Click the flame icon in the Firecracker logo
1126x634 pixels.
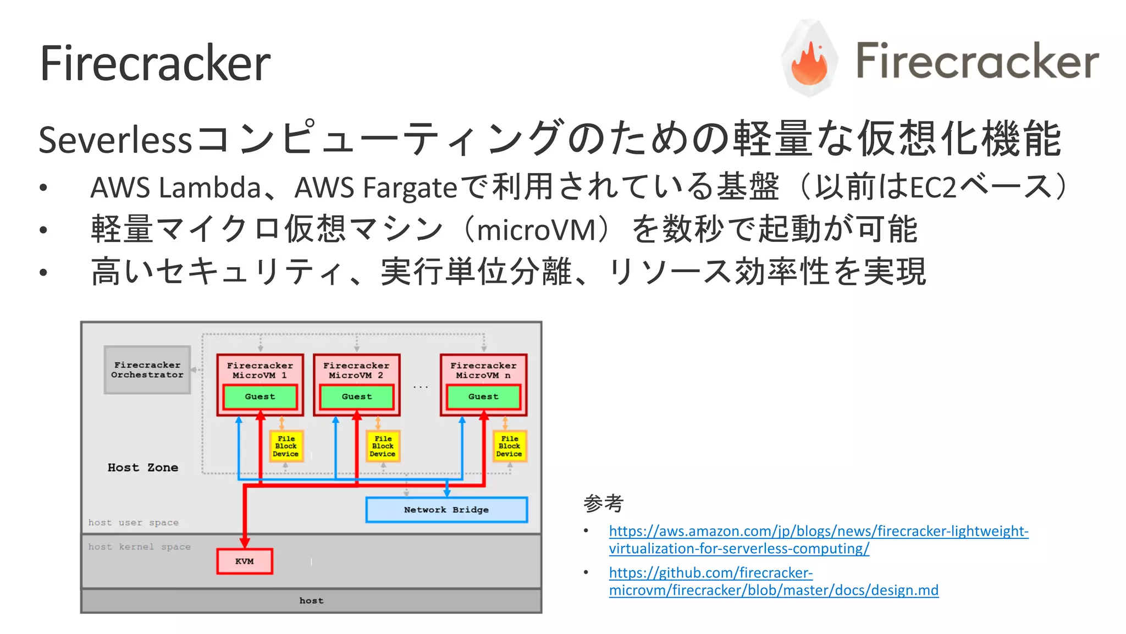(809, 63)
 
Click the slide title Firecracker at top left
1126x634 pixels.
(155, 64)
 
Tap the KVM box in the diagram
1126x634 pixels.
(245, 561)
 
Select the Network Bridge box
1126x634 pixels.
(446, 510)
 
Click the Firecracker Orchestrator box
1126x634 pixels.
(147, 370)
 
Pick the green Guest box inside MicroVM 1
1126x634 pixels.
(260, 396)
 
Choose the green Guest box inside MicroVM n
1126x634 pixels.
(483, 396)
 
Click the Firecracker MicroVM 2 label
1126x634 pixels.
(356, 370)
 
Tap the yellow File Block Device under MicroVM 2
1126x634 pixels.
(383, 446)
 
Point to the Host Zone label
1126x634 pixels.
(143, 467)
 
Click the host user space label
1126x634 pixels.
(134, 522)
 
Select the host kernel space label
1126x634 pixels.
(140, 547)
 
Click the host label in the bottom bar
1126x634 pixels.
(311, 600)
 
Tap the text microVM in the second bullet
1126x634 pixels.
(537, 230)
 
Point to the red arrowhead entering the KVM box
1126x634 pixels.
(245, 543)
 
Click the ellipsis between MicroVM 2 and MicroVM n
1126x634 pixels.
(421, 387)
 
